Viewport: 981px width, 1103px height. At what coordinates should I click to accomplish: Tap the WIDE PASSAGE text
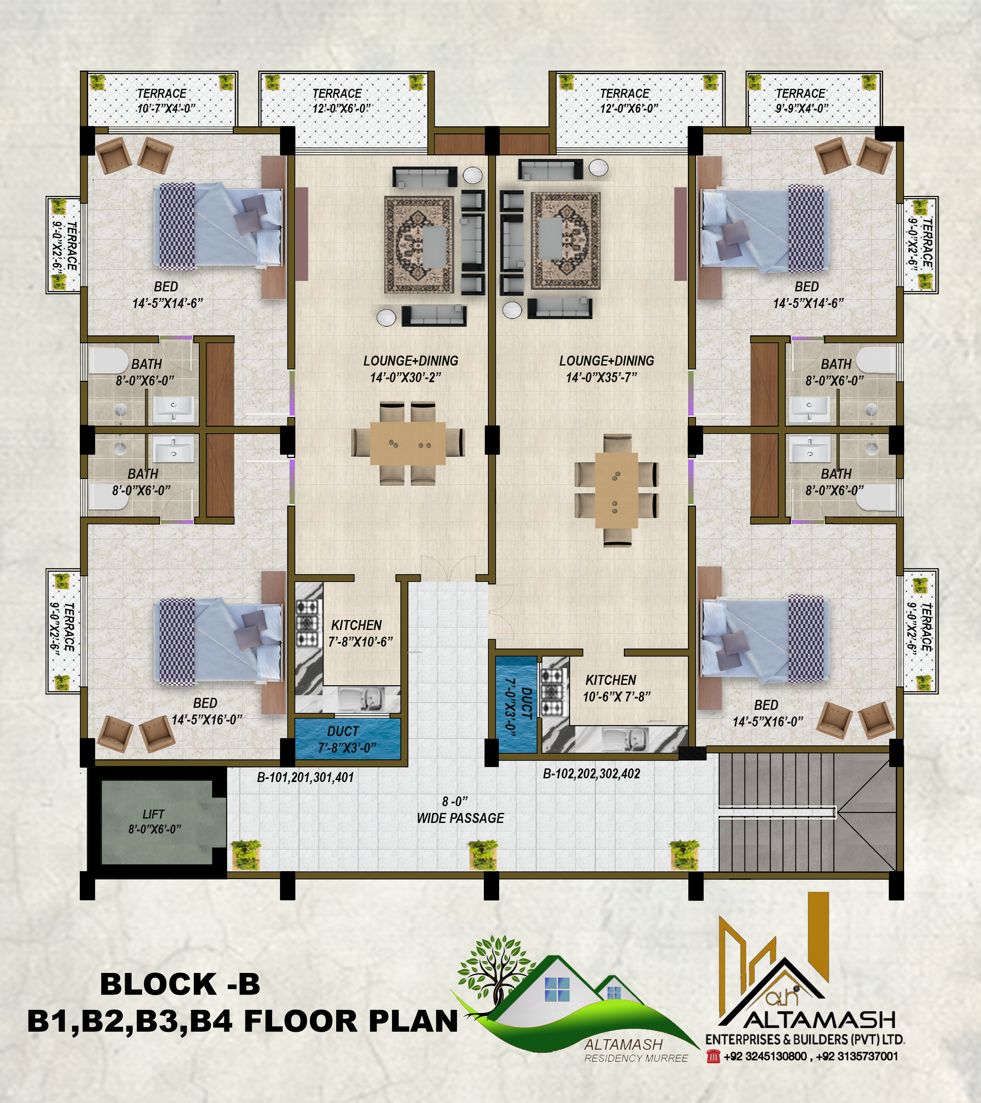tap(460, 818)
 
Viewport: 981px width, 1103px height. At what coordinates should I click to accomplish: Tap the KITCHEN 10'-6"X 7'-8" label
tap(616, 688)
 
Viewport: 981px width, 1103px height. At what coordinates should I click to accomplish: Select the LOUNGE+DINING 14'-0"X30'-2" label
tap(411, 369)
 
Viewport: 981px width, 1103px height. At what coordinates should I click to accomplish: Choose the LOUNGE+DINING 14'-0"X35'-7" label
tap(607, 369)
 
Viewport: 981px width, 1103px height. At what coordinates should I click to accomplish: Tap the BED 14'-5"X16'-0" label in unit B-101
tap(207, 711)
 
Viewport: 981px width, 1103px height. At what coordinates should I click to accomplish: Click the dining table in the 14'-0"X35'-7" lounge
tap(616, 490)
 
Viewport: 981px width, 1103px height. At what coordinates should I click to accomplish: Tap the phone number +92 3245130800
tap(765, 1056)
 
